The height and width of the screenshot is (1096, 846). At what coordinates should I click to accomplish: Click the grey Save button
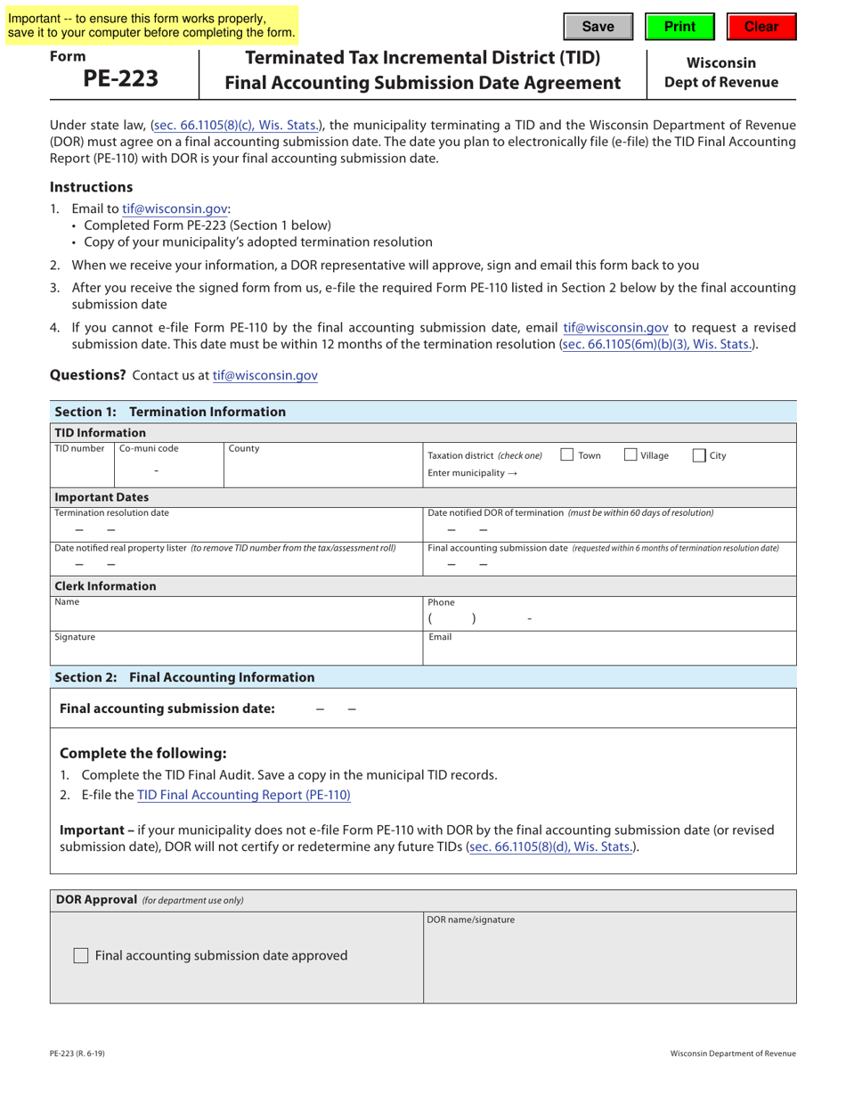pyautogui.click(x=598, y=27)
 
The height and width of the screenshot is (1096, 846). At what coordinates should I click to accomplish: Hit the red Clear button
pyautogui.click(x=761, y=27)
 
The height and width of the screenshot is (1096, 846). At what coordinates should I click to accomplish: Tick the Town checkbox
pyautogui.click(x=567, y=455)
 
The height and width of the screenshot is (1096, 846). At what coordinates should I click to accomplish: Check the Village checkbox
pyautogui.click(x=630, y=455)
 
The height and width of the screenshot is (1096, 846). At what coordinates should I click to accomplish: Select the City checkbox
pyautogui.click(x=699, y=455)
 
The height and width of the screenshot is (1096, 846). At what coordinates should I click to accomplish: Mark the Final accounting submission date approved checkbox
pyautogui.click(x=81, y=955)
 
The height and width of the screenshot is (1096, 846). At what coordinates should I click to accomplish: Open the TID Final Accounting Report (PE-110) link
pyautogui.click(x=243, y=795)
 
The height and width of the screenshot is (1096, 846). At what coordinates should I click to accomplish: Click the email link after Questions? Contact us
pyautogui.click(x=264, y=376)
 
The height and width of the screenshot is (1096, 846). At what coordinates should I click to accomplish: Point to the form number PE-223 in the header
pyautogui.click(x=120, y=78)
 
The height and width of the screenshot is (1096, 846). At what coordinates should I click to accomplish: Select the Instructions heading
pyautogui.click(x=91, y=187)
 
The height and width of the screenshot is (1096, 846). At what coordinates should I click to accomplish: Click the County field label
pyautogui.click(x=243, y=448)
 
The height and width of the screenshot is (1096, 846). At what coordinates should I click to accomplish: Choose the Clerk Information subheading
pyautogui.click(x=105, y=586)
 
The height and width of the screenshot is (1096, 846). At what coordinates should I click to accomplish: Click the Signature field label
pyautogui.click(x=75, y=637)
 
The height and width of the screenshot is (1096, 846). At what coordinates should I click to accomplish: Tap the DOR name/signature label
pyautogui.click(x=470, y=920)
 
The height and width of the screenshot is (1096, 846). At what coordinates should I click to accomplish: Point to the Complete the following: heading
pyautogui.click(x=142, y=752)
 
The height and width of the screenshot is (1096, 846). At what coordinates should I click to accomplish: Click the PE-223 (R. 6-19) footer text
pyautogui.click(x=77, y=1053)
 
